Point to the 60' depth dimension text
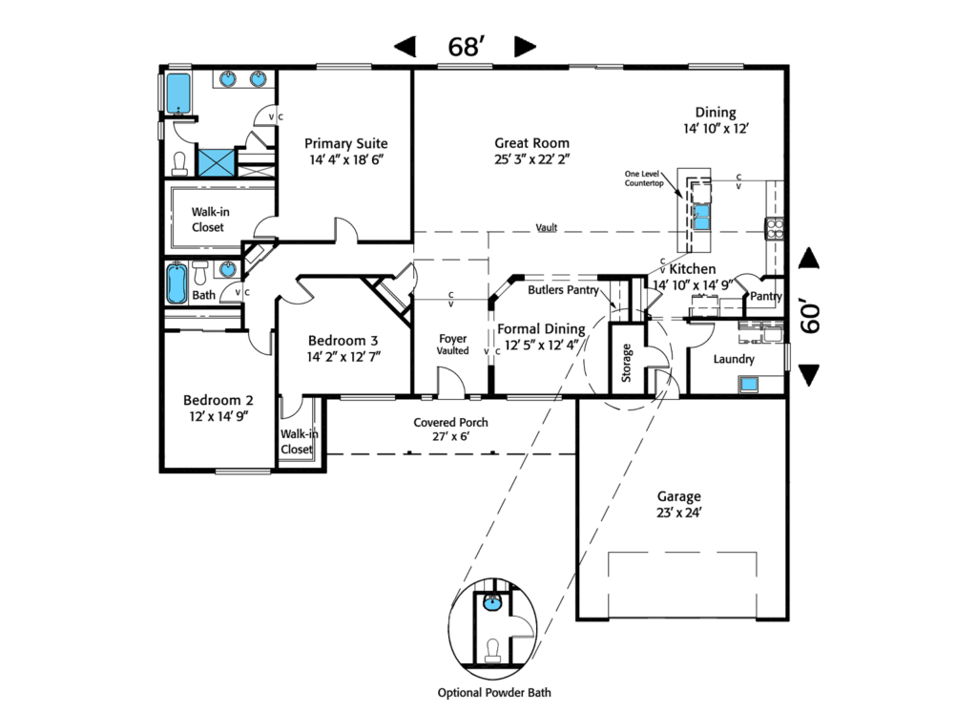[810, 318]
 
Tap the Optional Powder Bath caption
[494, 693]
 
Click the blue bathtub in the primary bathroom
[178, 93]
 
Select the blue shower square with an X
[216, 161]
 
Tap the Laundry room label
[734, 360]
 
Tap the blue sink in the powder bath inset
[492, 603]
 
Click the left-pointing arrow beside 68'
[405, 47]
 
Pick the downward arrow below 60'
[809, 376]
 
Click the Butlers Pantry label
[563, 289]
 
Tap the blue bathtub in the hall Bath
[177, 283]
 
